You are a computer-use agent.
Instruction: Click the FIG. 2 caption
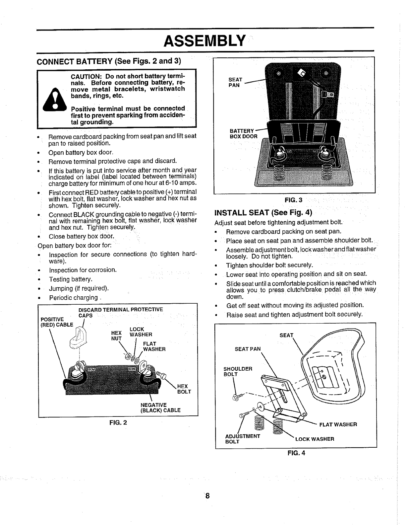pyautogui.click(x=118, y=423)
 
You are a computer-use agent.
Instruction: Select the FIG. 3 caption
pyautogui.click(x=294, y=200)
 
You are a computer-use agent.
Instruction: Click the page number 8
pyautogui.click(x=207, y=496)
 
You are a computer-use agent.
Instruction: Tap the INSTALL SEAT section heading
pyautogui.click(x=264, y=212)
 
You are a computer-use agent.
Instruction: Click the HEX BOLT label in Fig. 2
pyautogui.click(x=184, y=389)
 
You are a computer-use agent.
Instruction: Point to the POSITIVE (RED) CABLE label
pyautogui.click(x=57, y=322)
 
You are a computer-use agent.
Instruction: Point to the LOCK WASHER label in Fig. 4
pyautogui.click(x=315, y=439)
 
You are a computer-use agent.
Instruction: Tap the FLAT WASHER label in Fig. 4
pyautogui.click(x=338, y=424)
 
